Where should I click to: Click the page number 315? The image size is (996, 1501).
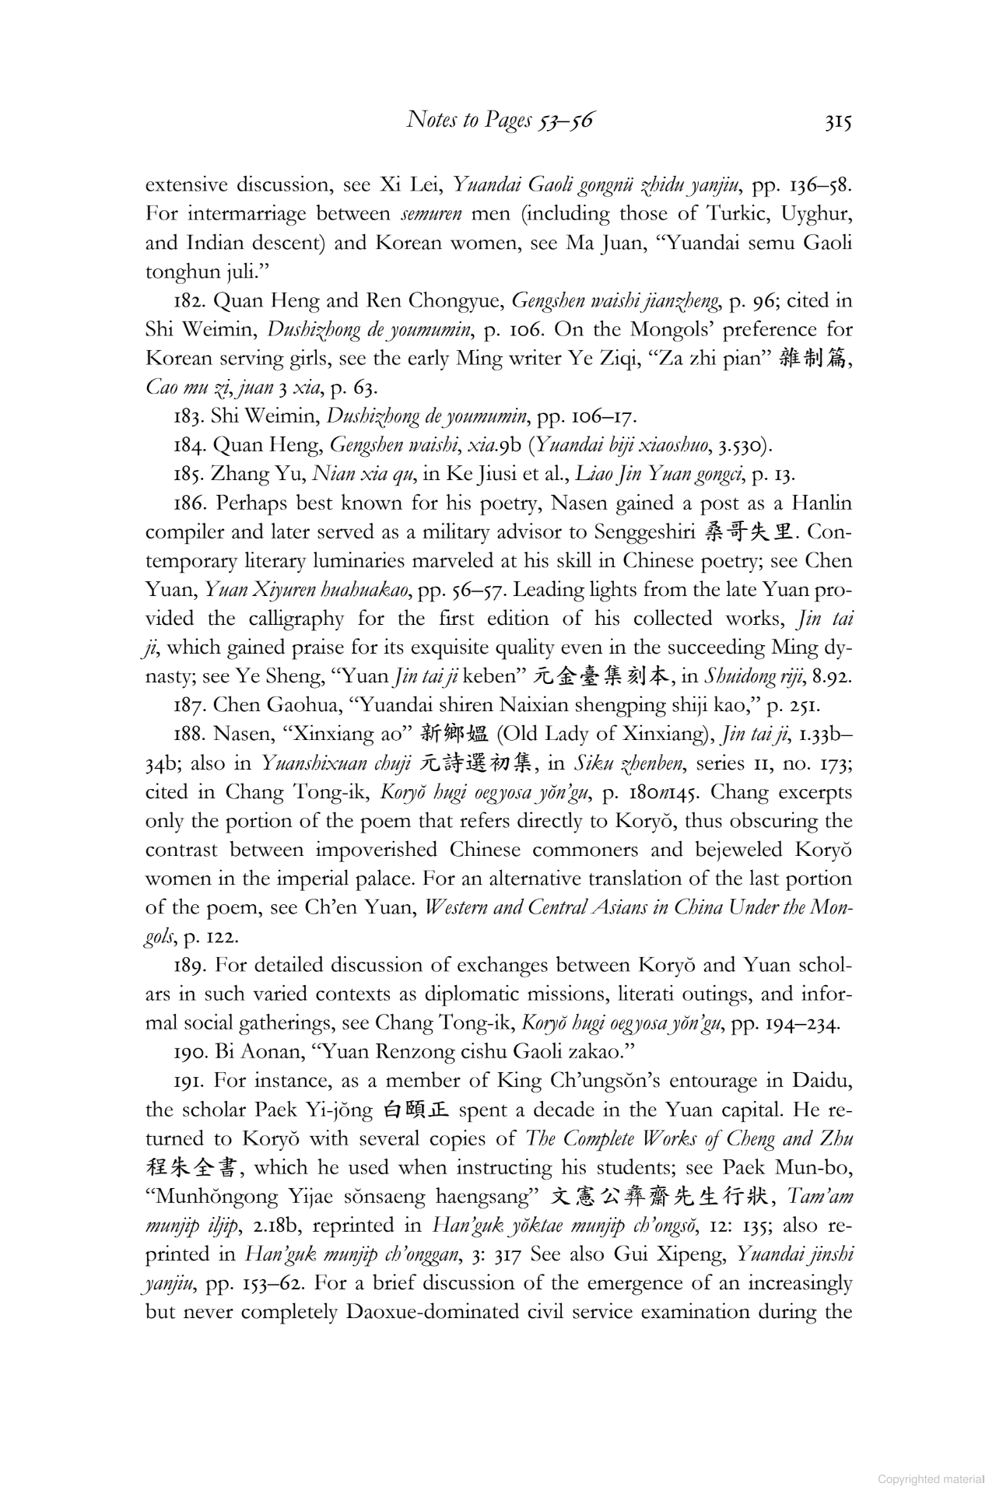click(838, 121)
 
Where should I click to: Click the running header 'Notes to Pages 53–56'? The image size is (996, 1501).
click(500, 121)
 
